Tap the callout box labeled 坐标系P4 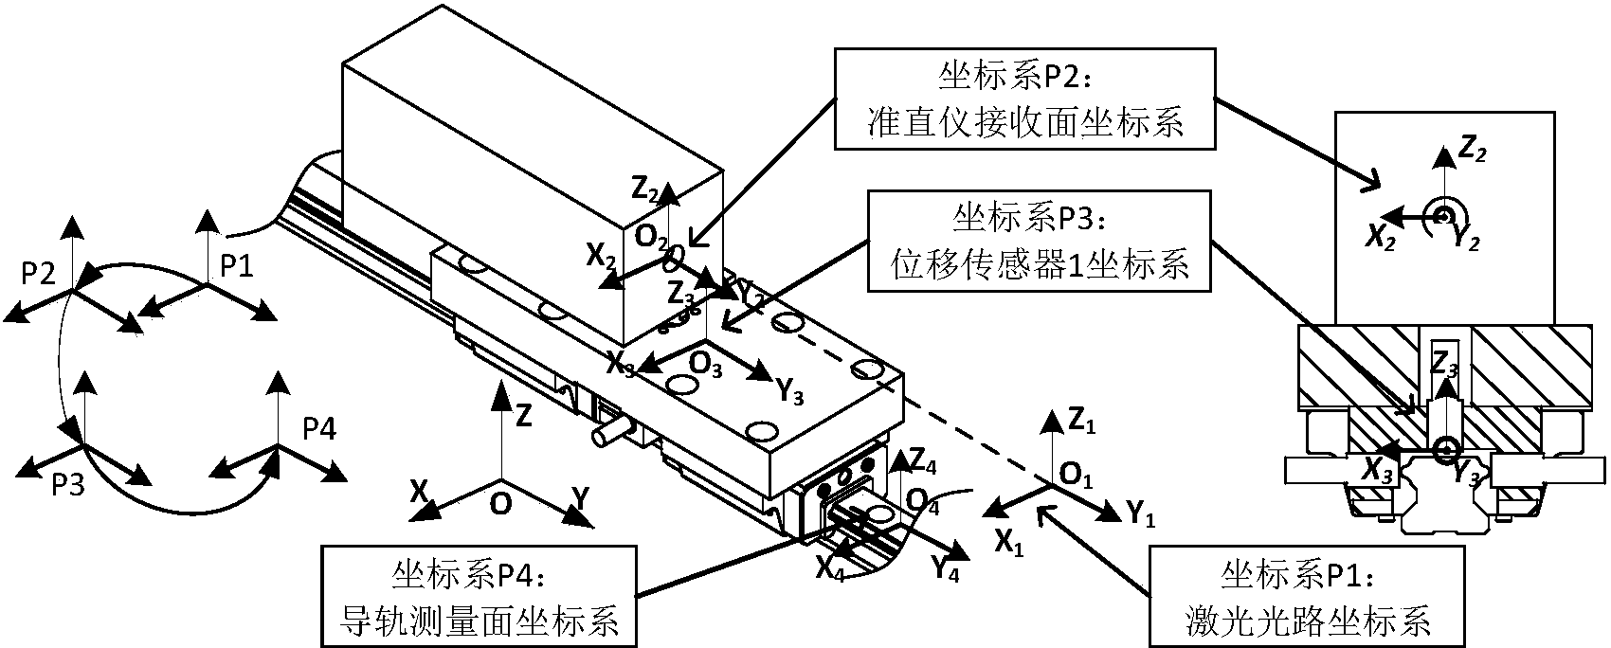(x=479, y=594)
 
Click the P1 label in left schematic (x=236, y=266)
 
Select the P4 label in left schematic (x=318, y=430)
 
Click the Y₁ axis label (x=1140, y=514)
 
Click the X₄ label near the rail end (x=829, y=568)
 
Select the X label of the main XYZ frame (x=419, y=491)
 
